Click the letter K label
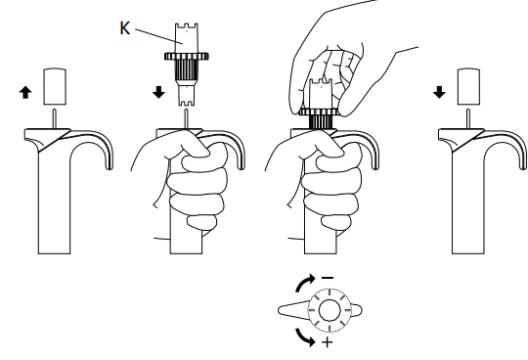click(124, 28)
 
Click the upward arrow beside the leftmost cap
click(25, 92)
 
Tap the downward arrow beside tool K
click(159, 92)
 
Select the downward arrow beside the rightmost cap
click(439, 92)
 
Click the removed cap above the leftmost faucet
click(55, 86)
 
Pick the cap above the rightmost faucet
click(468, 86)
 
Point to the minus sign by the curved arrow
click(328, 278)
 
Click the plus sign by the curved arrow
click(328, 342)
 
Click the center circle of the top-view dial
click(330, 310)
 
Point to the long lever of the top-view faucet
click(293, 310)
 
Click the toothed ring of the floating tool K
click(187, 56)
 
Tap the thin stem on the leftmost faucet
click(54, 118)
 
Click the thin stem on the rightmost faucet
click(468, 118)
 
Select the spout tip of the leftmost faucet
click(110, 166)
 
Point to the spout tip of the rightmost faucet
click(523, 166)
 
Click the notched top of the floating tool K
click(186, 26)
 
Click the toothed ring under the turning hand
click(321, 112)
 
